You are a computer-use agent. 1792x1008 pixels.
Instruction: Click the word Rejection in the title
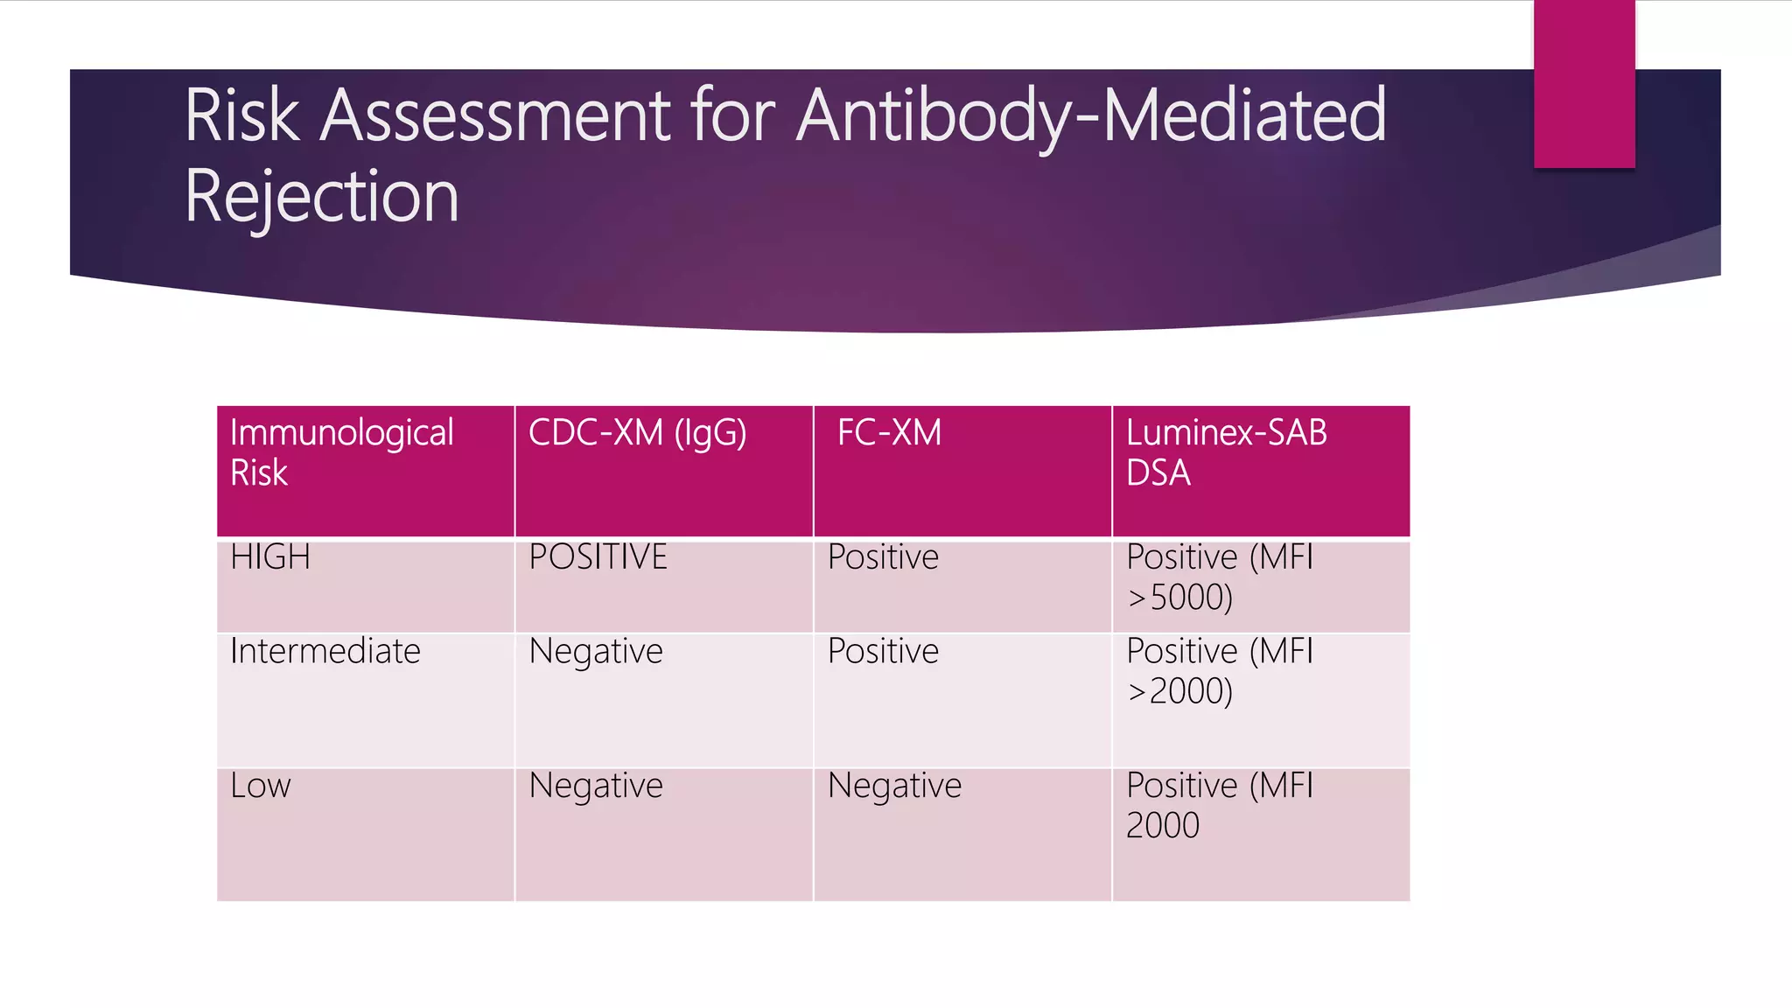[321, 196]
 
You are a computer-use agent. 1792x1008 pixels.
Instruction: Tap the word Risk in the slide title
[242, 115]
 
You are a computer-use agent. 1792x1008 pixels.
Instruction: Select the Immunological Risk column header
[341, 452]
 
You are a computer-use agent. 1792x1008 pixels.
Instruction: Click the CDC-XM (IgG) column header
[637, 433]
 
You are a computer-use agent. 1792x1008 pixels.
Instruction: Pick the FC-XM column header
[889, 433]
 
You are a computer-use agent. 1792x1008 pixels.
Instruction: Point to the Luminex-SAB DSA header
[1226, 452]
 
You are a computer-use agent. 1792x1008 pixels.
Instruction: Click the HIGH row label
[270, 557]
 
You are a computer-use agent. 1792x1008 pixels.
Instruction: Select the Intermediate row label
[325, 652]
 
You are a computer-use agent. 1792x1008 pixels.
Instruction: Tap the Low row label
[260, 786]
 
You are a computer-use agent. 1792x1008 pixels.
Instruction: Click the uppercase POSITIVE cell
[598, 557]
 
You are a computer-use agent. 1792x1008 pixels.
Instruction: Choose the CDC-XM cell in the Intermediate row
[596, 652]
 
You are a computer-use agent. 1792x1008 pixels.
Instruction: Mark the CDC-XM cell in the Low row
[596, 786]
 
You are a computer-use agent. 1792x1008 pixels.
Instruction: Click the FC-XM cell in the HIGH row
[883, 557]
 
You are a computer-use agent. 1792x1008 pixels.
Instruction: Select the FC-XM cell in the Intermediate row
[883, 652]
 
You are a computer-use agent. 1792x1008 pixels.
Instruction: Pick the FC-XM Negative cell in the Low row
[894, 786]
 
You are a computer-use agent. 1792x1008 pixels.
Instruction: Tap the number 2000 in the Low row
[1162, 826]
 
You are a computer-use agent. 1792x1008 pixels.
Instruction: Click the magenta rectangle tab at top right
[1584, 84]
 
